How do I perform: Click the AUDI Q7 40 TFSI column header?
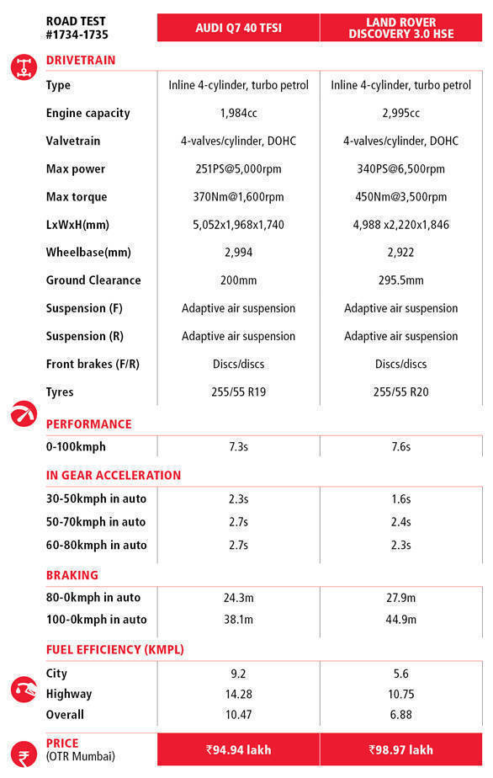[239, 28]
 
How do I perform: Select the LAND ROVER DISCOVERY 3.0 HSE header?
[400, 28]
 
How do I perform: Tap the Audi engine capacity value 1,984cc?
[239, 113]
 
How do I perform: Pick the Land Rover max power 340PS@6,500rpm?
[400, 168]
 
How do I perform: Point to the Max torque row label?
[77, 197]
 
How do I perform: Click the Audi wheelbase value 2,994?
[239, 253]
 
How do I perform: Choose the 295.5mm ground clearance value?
[400, 280]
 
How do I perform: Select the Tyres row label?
[60, 392]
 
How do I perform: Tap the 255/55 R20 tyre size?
[400, 392]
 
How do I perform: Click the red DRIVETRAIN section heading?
[81, 60]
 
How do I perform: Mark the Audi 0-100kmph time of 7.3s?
[239, 446]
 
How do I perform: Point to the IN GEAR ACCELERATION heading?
[114, 476]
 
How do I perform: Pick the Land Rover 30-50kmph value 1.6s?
[400, 498]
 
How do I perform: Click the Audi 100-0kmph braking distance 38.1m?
[239, 619]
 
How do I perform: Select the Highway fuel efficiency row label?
[69, 694]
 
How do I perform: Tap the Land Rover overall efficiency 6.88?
[400, 715]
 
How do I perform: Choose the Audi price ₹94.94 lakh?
[239, 749]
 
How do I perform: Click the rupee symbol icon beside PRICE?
[24, 754]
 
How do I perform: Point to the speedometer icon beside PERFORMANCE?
[24, 413]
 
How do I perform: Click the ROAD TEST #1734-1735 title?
[77, 28]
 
